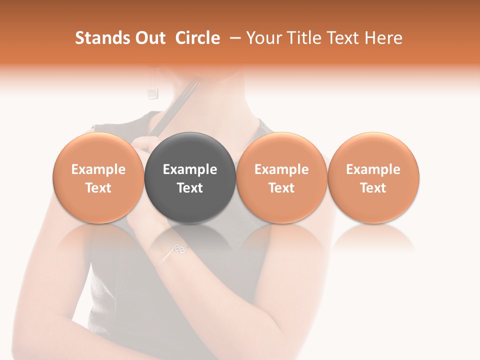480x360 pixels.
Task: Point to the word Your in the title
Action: (x=263, y=38)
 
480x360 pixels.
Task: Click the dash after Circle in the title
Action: (x=233, y=38)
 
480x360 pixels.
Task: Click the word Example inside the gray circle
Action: (x=190, y=169)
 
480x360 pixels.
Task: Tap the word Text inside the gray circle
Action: (x=190, y=188)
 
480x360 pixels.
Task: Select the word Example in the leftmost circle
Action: (x=98, y=169)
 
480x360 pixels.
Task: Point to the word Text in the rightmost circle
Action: (x=373, y=188)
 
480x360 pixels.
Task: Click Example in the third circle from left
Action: (x=281, y=169)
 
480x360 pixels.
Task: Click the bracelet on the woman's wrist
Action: (x=175, y=253)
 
